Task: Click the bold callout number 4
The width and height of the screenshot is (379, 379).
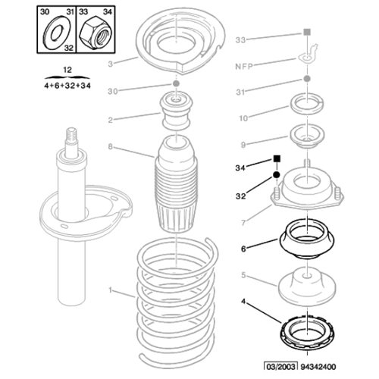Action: click(x=244, y=303)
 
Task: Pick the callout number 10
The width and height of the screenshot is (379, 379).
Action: click(x=243, y=118)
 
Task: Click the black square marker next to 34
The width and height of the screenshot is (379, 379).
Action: click(x=277, y=160)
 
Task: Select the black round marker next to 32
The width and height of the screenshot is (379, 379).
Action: click(x=277, y=176)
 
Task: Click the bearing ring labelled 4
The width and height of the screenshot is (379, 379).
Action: click(x=306, y=333)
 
